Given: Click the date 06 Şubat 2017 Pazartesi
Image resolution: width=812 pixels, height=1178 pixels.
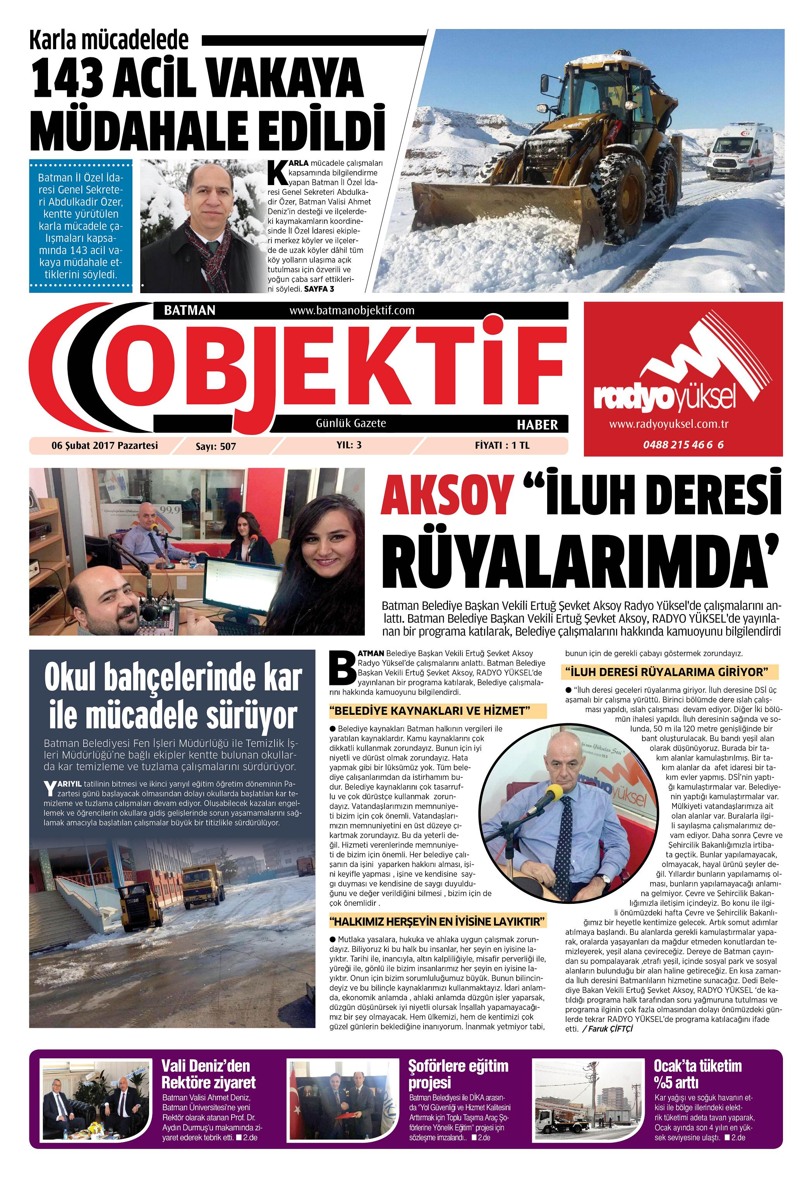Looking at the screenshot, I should (105, 446).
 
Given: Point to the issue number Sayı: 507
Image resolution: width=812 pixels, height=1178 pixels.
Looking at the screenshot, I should (216, 447).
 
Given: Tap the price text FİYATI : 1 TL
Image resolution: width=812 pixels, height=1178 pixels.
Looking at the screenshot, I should (502, 445).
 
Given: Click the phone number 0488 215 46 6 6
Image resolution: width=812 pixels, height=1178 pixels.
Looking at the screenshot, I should (683, 445).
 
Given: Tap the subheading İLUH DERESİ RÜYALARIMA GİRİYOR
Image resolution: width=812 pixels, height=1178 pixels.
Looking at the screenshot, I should (669, 672).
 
